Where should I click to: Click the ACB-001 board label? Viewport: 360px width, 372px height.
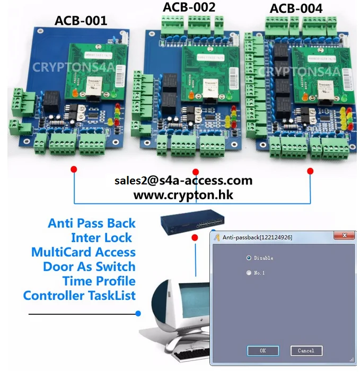pos(81,21)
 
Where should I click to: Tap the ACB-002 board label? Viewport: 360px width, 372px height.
pos(189,7)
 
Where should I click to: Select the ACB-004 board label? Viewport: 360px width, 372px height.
pos(296,8)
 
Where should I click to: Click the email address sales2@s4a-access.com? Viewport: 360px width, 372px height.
pos(183,180)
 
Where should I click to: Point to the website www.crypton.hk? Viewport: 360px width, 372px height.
pos(183,194)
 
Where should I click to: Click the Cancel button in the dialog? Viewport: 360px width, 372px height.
pos(306,350)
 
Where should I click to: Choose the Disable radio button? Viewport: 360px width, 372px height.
pos(249,258)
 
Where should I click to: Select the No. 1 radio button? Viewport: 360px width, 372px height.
pos(249,273)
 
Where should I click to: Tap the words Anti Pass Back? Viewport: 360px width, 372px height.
pos(92,223)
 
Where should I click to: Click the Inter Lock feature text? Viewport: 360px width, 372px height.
pos(101,237)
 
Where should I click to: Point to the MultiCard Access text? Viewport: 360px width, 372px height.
pos(83,252)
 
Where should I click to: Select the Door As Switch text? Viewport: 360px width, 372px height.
pos(89,266)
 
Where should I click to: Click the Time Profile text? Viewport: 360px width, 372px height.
pos(99,280)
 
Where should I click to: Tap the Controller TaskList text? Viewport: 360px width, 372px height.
pos(80,295)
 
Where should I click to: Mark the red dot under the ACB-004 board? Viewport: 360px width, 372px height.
pos(310,171)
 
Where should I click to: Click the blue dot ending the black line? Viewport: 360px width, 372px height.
pos(138,314)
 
